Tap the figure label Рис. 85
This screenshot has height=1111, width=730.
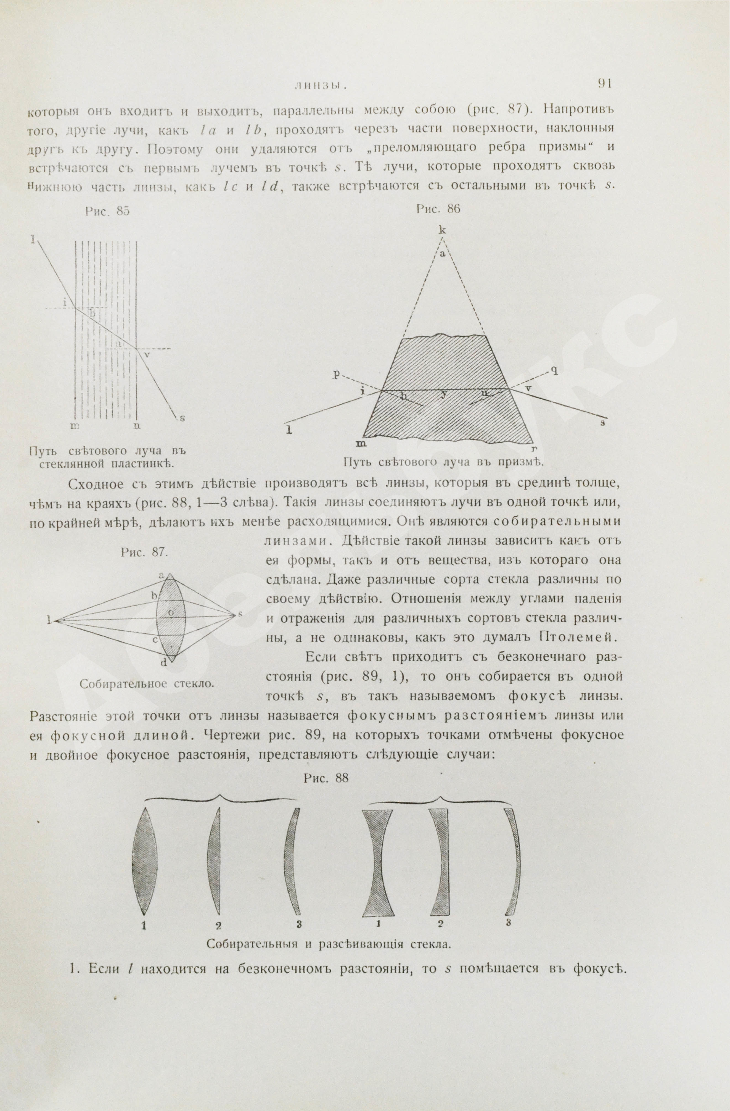coord(107,211)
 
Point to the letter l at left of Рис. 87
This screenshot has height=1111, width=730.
coord(49,620)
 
